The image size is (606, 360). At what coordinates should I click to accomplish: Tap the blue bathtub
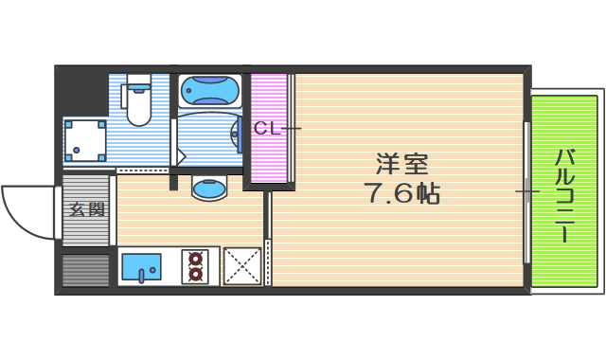pos(209,91)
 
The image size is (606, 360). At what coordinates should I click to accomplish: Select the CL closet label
pos(266,128)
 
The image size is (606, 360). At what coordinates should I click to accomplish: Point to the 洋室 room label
pos(401,163)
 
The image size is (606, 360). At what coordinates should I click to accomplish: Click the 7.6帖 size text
pos(401,194)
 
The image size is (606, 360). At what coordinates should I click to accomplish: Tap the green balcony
pos(565,191)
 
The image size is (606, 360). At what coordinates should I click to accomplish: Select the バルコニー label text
pos(565,193)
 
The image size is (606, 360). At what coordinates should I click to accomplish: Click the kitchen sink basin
pos(143,266)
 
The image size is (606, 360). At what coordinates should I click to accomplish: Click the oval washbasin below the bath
pos(208,188)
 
